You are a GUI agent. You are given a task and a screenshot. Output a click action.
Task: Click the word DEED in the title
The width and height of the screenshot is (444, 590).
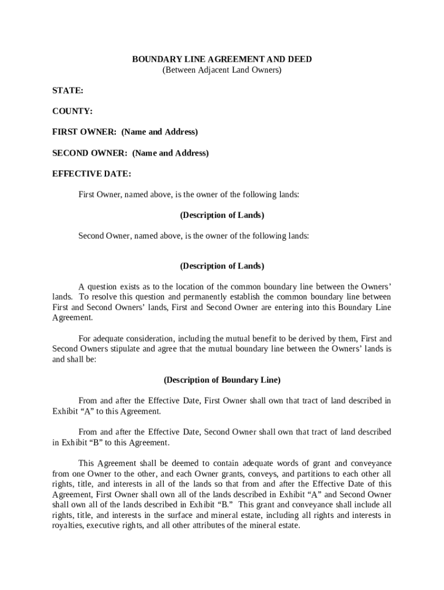300,59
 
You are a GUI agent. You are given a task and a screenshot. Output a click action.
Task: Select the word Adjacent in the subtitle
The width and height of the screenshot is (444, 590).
215,70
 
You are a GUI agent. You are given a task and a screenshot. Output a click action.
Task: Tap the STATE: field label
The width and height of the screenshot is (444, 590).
67,90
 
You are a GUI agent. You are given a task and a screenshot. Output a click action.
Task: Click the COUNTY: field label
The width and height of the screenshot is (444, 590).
72,111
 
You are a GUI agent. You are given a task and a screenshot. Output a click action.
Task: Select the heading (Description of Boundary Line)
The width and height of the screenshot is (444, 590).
222,380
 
